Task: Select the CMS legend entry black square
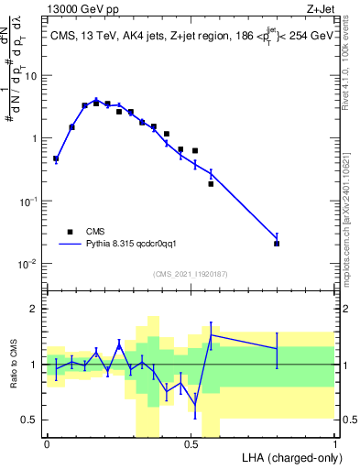[69, 232]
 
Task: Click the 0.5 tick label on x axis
[191, 443]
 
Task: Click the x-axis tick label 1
[334, 443]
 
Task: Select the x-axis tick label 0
[47, 443]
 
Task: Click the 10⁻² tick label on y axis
[28, 264]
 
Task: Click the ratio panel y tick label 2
[36, 309]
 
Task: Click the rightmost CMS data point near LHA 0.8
[277, 244]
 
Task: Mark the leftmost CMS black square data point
[56, 158]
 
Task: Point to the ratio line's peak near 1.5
[212, 334]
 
